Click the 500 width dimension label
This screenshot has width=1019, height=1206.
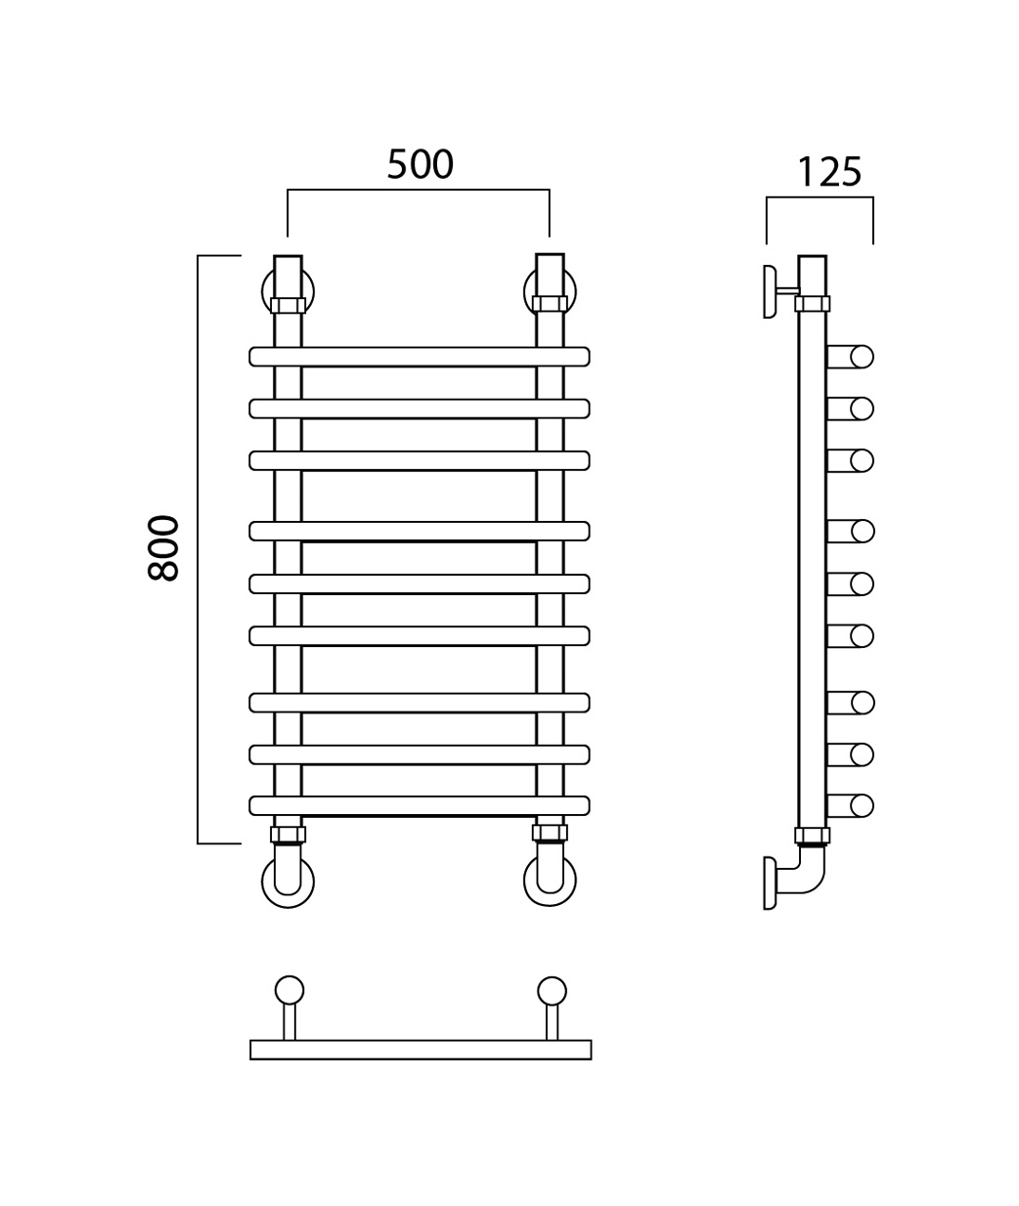tap(420, 164)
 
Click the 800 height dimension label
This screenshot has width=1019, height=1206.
tap(163, 547)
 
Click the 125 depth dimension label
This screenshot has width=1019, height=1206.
tap(829, 172)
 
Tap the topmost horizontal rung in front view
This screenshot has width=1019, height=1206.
tap(420, 357)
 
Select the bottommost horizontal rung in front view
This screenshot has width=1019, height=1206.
tap(420, 805)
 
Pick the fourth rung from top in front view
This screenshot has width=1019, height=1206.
tap(420, 531)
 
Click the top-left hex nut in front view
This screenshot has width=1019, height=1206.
tap(288, 305)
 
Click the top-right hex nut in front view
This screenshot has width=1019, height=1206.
tap(550, 304)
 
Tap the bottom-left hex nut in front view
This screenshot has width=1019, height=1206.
tap(288, 834)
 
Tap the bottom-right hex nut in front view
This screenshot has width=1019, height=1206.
tap(550, 833)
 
